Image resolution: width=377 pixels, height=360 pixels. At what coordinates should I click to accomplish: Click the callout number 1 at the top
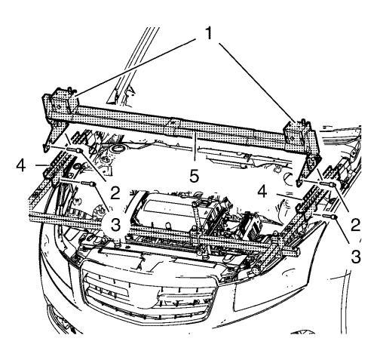tap(209, 33)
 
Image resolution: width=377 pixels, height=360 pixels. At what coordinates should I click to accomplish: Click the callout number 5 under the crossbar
tap(194, 176)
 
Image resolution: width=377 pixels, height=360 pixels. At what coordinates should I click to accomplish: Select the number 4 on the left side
tap(21, 166)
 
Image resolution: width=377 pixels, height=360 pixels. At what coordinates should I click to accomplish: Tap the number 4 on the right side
tap(262, 192)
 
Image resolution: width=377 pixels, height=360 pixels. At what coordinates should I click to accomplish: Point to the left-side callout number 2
tap(115, 193)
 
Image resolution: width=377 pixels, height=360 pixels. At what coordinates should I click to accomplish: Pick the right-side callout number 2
tap(355, 225)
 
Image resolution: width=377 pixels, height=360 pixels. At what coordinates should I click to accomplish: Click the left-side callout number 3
tap(115, 225)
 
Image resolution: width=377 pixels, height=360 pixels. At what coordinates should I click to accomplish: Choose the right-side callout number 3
tap(355, 257)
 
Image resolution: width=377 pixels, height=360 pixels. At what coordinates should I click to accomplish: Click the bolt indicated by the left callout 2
tap(75, 150)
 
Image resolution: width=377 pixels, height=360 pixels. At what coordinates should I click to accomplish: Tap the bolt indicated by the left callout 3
tap(89, 183)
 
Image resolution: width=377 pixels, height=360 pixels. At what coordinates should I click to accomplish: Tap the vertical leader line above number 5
tap(195, 146)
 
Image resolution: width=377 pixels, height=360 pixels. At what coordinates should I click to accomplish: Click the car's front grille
tap(149, 293)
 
